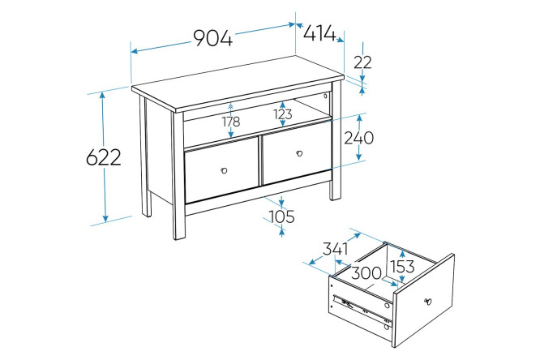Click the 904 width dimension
tap(212, 37)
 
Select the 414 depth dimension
tap(319, 33)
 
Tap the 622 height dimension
tap(103, 157)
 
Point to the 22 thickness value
tap(362, 62)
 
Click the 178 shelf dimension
tap(231, 122)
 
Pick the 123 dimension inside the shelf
tap(283, 114)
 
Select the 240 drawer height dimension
tap(359, 138)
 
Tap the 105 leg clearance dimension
tap(281, 216)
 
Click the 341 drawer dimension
tap(335, 248)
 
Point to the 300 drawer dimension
tap(366, 273)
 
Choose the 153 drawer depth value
tap(402, 266)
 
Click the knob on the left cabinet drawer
tap(224, 170)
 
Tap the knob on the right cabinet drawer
tap(299, 153)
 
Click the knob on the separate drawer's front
tap(428, 302)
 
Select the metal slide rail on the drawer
tap(362, 310)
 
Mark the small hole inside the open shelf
tap(325, 96)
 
